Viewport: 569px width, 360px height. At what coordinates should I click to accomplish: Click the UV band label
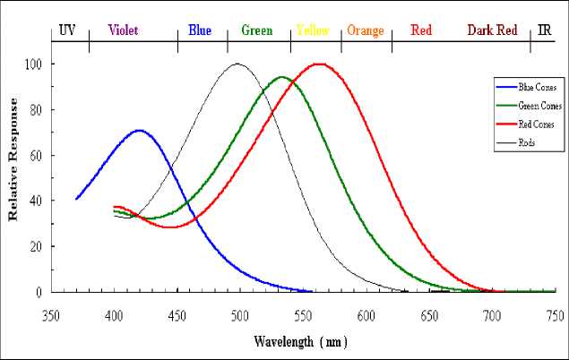(x=67, y=30)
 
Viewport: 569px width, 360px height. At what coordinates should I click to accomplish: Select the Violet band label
(x=123, y=30)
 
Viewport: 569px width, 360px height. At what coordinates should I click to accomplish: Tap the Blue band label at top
(x=200, y=30)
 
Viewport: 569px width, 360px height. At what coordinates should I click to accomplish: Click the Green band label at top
(x=257, y=30)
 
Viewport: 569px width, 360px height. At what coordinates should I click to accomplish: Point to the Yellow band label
(x=312, y=30)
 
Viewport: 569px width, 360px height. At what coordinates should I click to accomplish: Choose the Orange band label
(x=365, y=30)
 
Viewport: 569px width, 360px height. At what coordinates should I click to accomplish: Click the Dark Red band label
(x=492, y=30)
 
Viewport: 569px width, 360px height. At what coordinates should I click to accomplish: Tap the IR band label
(x=545, y=30)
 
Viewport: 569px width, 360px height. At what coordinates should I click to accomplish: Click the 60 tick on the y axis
(x=37, y=156)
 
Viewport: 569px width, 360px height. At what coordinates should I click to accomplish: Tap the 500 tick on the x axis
(x=239, y=315)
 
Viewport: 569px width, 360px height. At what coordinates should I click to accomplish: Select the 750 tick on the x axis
(x=555, y=315)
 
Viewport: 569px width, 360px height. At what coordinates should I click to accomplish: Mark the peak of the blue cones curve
(x=138, y=131)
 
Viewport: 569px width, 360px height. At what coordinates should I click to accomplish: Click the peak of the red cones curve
(x=318, y=64)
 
